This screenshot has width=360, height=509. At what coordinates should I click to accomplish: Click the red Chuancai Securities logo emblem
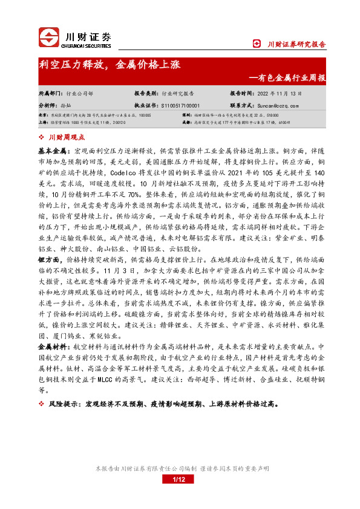tap(49, 37)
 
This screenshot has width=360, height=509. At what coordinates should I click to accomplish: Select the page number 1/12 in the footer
tap(179, 497)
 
